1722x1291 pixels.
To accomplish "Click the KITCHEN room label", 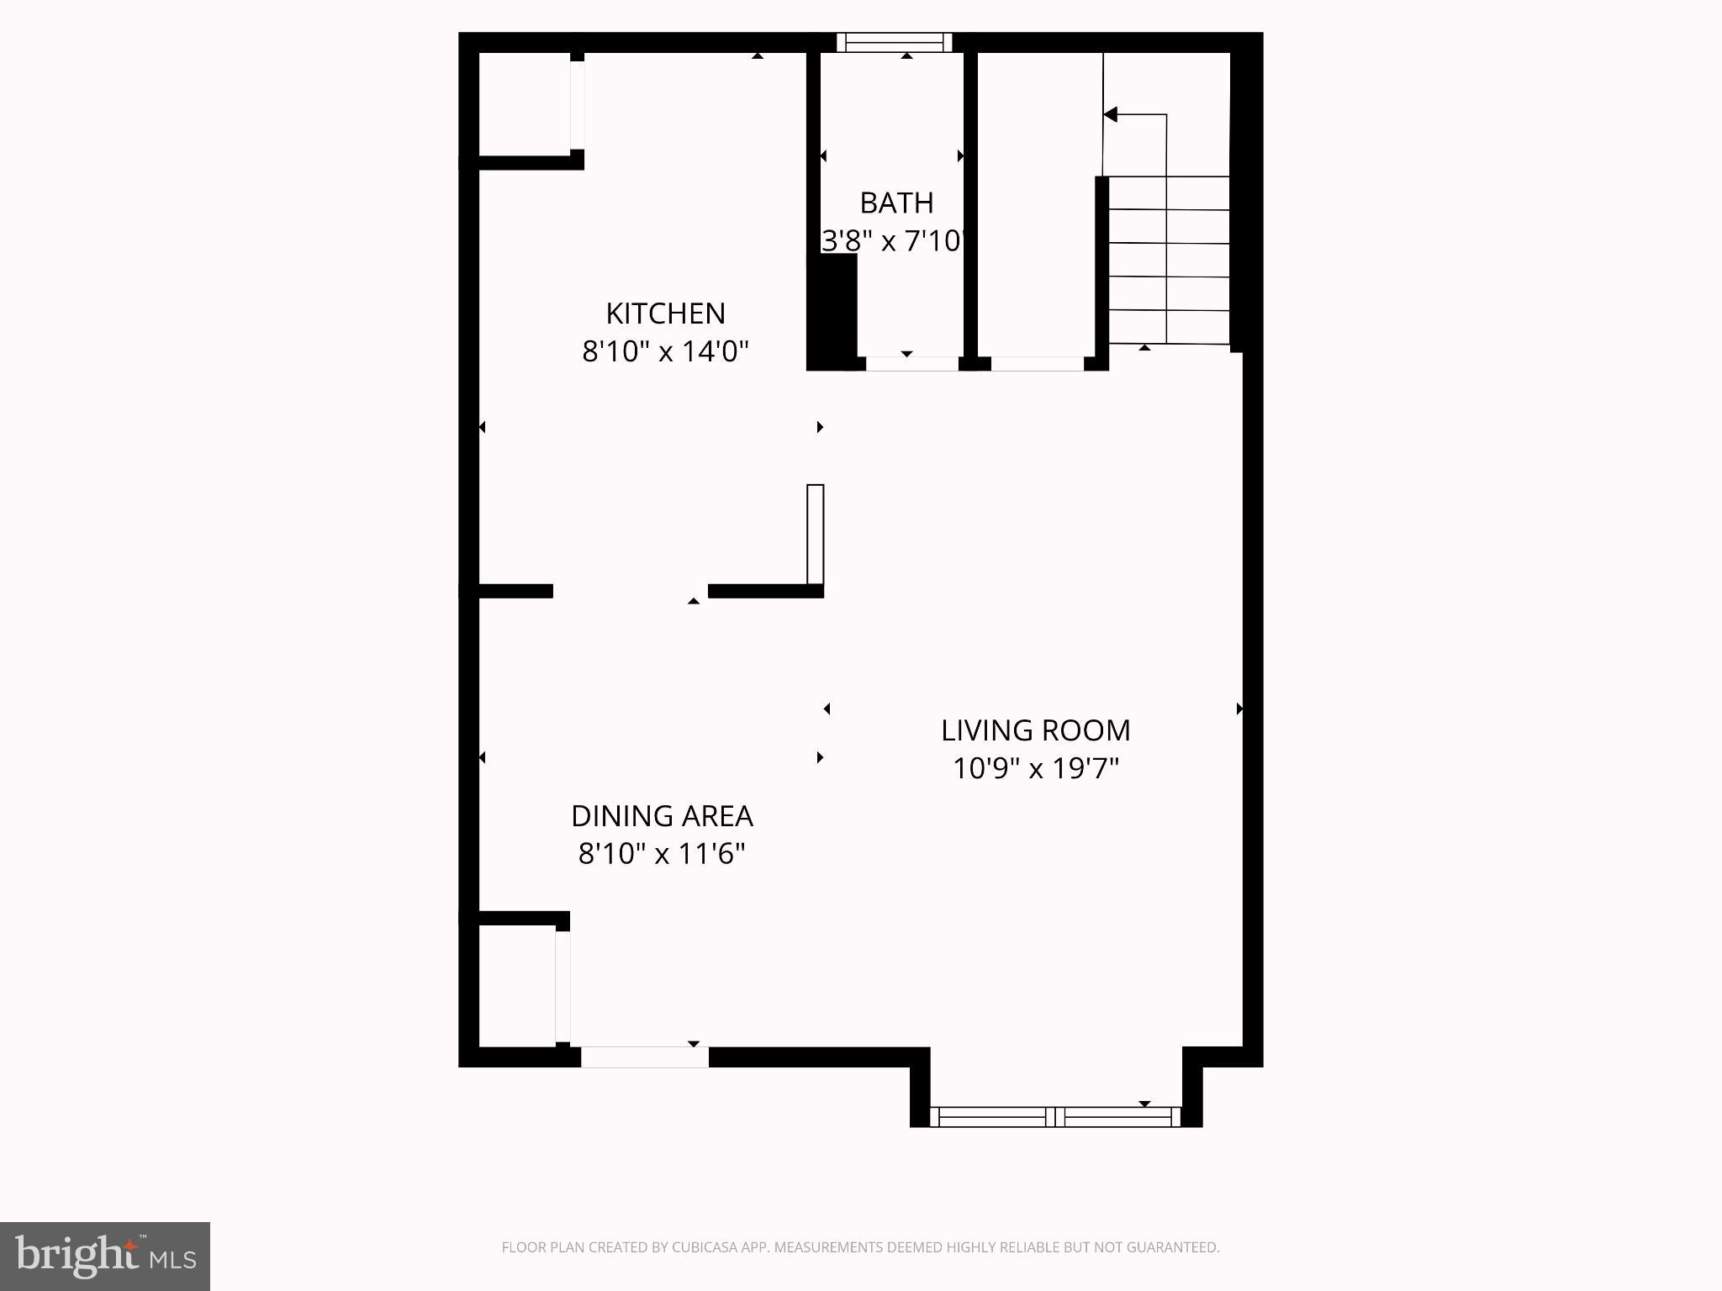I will coord(665,314).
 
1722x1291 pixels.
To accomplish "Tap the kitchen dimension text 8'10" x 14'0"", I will coord(665,350).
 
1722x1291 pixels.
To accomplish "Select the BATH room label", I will coord(896,203).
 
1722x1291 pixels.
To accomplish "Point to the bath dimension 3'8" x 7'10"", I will coord(892,241).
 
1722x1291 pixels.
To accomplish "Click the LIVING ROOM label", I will coord(1035,730).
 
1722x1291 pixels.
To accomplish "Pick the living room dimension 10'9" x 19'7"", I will coord(1035,768).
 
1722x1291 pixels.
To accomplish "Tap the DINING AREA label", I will coord(662,816).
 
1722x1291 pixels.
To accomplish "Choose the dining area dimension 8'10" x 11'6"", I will coord(662,854).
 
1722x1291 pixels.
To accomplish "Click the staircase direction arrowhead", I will coord(1111,114).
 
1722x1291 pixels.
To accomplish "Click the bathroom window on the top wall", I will coord(895,43).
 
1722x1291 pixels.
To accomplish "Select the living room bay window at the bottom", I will coord(1055,1117).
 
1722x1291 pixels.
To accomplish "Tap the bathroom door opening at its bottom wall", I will coord(912,364).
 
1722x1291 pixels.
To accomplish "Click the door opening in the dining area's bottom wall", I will coord(645,1057).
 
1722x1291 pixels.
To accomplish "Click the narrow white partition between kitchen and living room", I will coord(815,534).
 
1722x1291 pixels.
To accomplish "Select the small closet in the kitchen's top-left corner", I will coord(525,104).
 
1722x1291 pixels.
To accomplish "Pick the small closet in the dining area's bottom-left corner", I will coord(516,985).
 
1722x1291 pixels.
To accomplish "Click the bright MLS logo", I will coord(105,1257).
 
